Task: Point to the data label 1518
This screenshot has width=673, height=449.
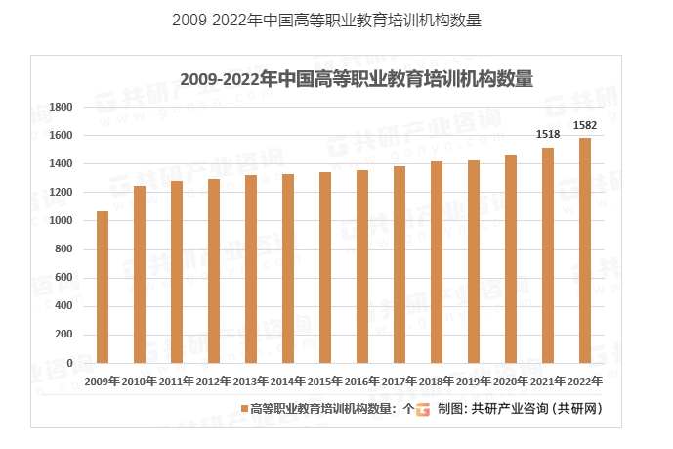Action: point(548,134)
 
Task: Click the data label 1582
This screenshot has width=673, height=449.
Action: point(585,124)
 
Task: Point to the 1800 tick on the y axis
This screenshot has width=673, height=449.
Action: point(62,107)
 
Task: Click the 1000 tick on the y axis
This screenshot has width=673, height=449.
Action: point(62,221)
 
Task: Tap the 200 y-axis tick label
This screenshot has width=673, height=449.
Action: point(65,335)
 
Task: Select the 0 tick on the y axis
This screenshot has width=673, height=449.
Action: point(70,363)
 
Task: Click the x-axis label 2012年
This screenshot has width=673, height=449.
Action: point(214,381)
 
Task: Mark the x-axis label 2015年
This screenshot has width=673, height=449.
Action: point(325,381)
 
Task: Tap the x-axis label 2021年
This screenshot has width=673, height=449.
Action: point(548,381)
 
